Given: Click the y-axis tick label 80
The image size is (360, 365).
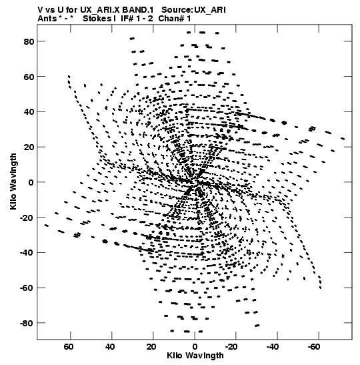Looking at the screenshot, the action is [x=29, y=41].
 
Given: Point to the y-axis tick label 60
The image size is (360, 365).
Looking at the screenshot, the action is [x=29, y=77].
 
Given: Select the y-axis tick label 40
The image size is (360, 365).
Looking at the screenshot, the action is [x=29, y=112].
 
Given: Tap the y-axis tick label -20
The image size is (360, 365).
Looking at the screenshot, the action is [x=27, y=218].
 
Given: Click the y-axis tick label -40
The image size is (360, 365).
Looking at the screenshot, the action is [x=27, y=253].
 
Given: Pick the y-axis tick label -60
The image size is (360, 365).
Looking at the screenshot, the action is [x=27, y=288].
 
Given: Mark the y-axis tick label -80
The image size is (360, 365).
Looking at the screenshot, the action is [x=27, y=323].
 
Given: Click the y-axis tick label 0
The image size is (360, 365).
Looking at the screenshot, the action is [x=31, y=183].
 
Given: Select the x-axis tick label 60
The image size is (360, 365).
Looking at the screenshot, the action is [x=69, y=347].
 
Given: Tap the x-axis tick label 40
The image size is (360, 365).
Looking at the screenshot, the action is [x=110, y=347].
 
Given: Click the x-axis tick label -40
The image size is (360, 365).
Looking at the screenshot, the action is [x=273, y=347].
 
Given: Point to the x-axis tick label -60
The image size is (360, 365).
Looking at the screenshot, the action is [x=315, y=347].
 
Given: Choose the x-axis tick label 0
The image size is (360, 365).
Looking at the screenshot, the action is [x=195, y=347].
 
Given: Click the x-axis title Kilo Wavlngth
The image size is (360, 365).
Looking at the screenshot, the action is [x=195, y=356].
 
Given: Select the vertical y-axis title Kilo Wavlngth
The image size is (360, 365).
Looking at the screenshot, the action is [x=13, y=181].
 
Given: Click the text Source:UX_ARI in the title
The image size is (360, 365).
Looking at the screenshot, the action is [x=193, y=10].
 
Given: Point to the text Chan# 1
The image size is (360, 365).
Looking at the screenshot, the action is [x=175, y=19].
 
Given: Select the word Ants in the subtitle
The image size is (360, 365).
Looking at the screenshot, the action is [x=47, y=19].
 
